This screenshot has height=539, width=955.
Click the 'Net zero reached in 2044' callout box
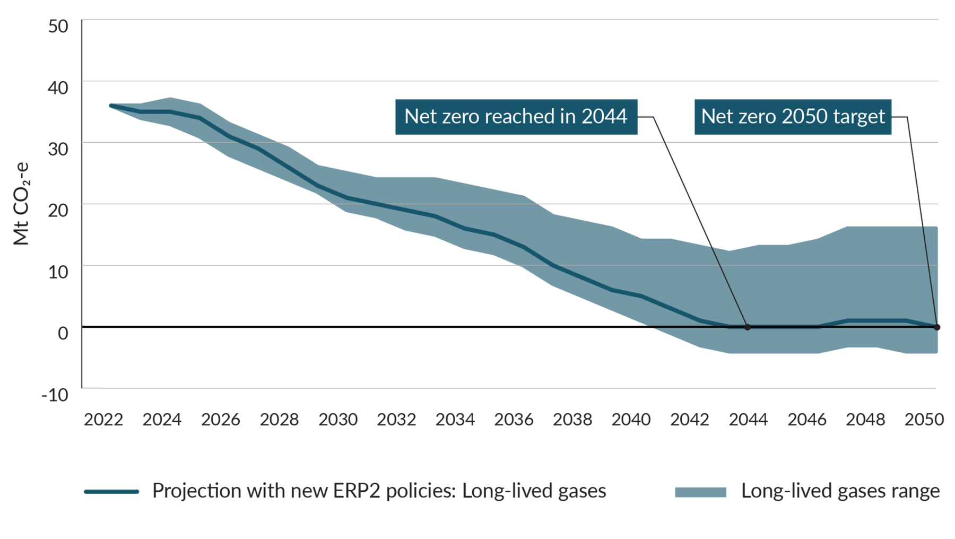(516, 117)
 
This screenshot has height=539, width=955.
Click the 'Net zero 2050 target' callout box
(793, 117)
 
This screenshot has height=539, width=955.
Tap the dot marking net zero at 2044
(748, 327)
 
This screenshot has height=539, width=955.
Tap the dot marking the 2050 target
(937, 327)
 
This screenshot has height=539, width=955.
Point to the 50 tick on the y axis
(58, 26)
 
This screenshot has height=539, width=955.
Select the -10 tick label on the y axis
(56, 395)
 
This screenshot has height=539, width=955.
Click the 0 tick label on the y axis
(63, 333)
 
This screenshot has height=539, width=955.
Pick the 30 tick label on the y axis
(58, 149)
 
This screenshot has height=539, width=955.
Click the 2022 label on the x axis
(103, 420)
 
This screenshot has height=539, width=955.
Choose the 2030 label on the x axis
(338, 420)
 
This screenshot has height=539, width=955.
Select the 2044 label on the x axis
(748, 420)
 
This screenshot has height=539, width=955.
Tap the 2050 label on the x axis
(924, 420)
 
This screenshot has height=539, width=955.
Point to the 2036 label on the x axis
(514, 420)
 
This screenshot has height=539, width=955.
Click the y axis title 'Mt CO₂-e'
(22, 204)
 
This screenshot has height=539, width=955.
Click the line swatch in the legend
(111, 492)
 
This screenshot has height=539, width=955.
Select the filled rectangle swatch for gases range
(700, 492)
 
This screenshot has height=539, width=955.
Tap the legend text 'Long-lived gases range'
(840, 491)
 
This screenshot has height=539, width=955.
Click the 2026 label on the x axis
(220, 420)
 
